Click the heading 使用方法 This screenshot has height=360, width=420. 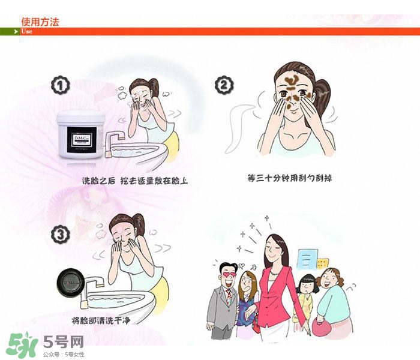(x=40, y=21)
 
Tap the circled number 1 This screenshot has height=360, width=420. (x=60, y=86)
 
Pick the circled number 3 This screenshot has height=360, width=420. (x=60, y=235)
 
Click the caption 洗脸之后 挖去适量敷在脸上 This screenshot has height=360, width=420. (x=134, y=180)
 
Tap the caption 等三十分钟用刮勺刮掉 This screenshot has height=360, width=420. (x=290, y=178)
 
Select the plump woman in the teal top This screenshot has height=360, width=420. (x=334, y=300)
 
